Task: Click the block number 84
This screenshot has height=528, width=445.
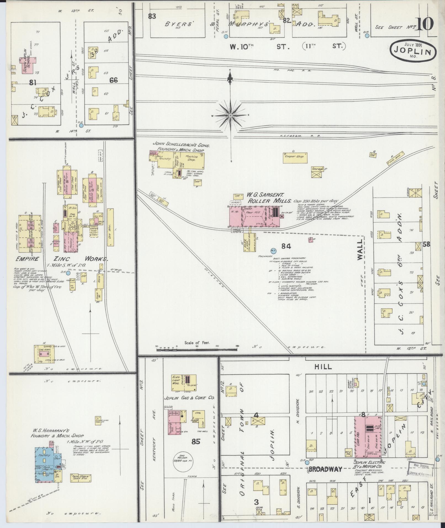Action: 286,245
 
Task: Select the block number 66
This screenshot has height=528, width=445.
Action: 113,80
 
